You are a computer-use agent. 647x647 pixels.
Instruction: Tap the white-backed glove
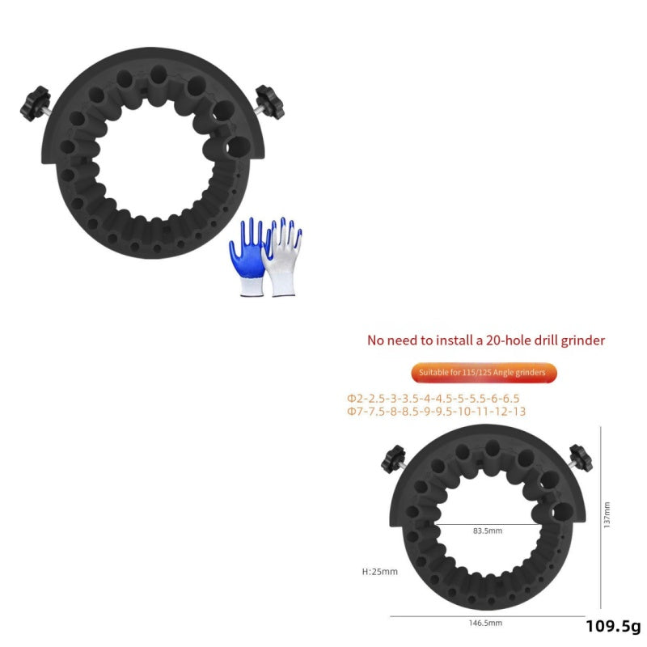283,255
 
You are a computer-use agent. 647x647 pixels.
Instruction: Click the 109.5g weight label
613,627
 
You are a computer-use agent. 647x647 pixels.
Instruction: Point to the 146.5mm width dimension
486,624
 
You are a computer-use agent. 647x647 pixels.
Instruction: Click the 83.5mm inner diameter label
488,531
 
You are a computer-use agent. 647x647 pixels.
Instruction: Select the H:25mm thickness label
380,572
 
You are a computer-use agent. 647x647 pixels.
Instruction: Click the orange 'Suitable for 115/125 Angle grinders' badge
483,373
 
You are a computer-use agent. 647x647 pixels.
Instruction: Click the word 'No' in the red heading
376,340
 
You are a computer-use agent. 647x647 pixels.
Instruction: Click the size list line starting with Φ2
433,398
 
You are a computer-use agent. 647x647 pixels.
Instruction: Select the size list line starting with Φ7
436,411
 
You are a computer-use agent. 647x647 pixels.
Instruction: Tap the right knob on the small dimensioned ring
580,459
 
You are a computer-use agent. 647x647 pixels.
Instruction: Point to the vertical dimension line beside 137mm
600,518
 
